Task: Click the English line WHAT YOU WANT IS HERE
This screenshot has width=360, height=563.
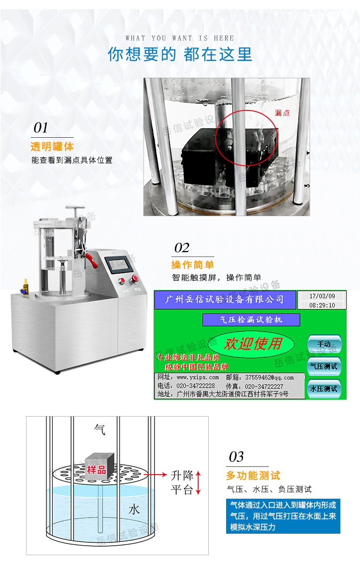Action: (x=180, y=38)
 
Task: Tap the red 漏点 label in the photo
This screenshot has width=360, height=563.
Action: (x=282, y=113)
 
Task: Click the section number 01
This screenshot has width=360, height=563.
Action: (x=41, y=128)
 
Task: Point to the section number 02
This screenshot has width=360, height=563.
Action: (x=182, y=248)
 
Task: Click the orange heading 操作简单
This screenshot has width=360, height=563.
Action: (x=192, y=264)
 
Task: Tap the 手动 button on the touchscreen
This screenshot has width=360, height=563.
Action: (x=324, y=344)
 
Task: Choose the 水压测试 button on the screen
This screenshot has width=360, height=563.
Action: (x=324, y=388)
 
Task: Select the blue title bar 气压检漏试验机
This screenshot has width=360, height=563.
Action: (x=251, y=320)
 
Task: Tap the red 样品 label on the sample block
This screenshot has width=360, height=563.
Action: (x=96, y=469)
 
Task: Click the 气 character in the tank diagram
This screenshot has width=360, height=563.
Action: (x=100, y=428)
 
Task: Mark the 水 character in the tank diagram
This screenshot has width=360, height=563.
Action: (x=134, y=509)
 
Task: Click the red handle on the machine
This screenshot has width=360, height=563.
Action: (x=93, y=260)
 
